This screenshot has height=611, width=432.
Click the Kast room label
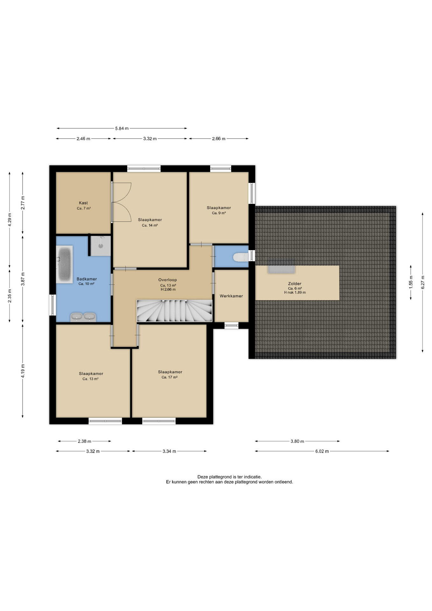coord(83,203)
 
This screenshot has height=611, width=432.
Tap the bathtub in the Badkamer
coord(65,264)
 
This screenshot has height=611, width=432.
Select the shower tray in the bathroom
coord(101,246)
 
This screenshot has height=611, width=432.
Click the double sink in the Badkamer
coord(83,317)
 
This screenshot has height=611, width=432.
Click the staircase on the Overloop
coord(174,311)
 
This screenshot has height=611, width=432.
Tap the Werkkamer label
coord(231,296)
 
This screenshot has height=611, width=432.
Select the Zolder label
coord(295,284)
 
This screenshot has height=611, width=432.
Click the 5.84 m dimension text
coord(122,129)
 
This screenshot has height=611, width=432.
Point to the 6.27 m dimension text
coord(423,282)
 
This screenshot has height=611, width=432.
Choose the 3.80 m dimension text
coord(297,441)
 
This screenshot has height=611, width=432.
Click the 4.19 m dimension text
coord(23,371)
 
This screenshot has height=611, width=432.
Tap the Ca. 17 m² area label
coord(170,377)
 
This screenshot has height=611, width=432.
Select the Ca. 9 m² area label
coord(219,213)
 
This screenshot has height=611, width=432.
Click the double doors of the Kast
coord(122,202)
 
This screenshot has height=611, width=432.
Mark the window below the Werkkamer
coord(231,325)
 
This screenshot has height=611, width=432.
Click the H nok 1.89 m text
coord(295,292)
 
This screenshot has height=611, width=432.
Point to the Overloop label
coord(168,280)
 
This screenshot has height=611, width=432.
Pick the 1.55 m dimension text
coord(411,282)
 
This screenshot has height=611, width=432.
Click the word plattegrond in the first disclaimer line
coord(220,477)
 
